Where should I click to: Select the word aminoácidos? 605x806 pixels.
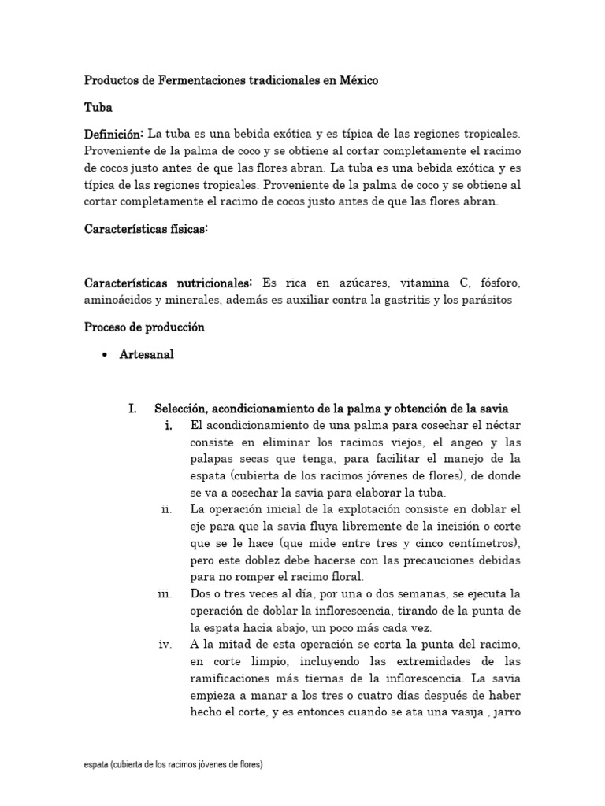pyautogui.click(x=119, y=300)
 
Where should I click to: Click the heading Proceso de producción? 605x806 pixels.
pyautogui.click(x=144, y=327)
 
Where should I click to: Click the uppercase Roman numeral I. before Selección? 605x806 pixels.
pyautogui.click(x=133, y=409)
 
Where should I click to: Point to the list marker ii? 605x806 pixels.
pyautogui.click(x=165, y=510)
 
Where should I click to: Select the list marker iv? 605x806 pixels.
pyautogui.click(x=165, y=645)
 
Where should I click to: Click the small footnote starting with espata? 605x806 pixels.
pyautogui.click(x=174, y=764)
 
